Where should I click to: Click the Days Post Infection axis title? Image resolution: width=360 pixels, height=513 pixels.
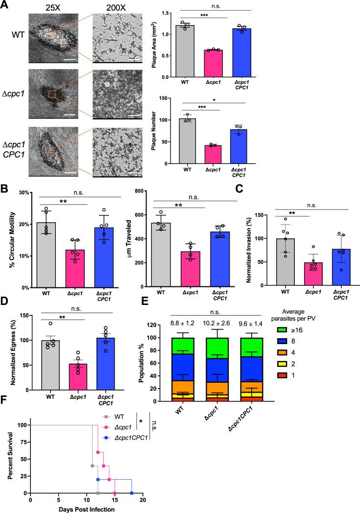86,509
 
